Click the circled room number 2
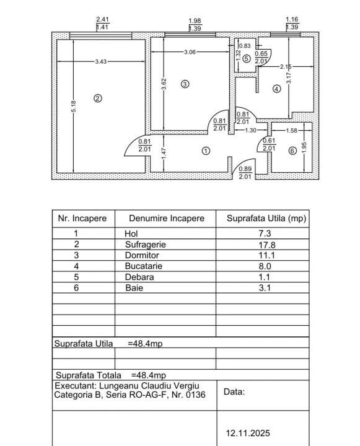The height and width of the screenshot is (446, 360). (x=97, y=97)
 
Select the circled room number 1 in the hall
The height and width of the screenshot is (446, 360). (x=206, y=151)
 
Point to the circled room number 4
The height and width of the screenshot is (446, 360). (x=276, y=89)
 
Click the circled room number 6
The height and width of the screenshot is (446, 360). (x=292, y=151)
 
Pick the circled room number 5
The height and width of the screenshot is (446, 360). (x=247, y=59)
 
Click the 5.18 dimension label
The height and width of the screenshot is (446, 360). (x=73, y=107)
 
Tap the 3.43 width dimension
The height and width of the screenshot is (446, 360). (x=100, y=61)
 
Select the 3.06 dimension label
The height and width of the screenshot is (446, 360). (x=190, y=52)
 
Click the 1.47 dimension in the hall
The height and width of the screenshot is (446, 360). (x=163, y=154)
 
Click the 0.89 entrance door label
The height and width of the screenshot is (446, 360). (x=245, y=169)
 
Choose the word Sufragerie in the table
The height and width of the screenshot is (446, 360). (x=145, y=244)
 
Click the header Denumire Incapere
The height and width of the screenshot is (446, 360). (x=166, y=219)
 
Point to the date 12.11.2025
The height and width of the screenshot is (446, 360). (x=247, y=434)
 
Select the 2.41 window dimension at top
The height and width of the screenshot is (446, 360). (x=102, y=19)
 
